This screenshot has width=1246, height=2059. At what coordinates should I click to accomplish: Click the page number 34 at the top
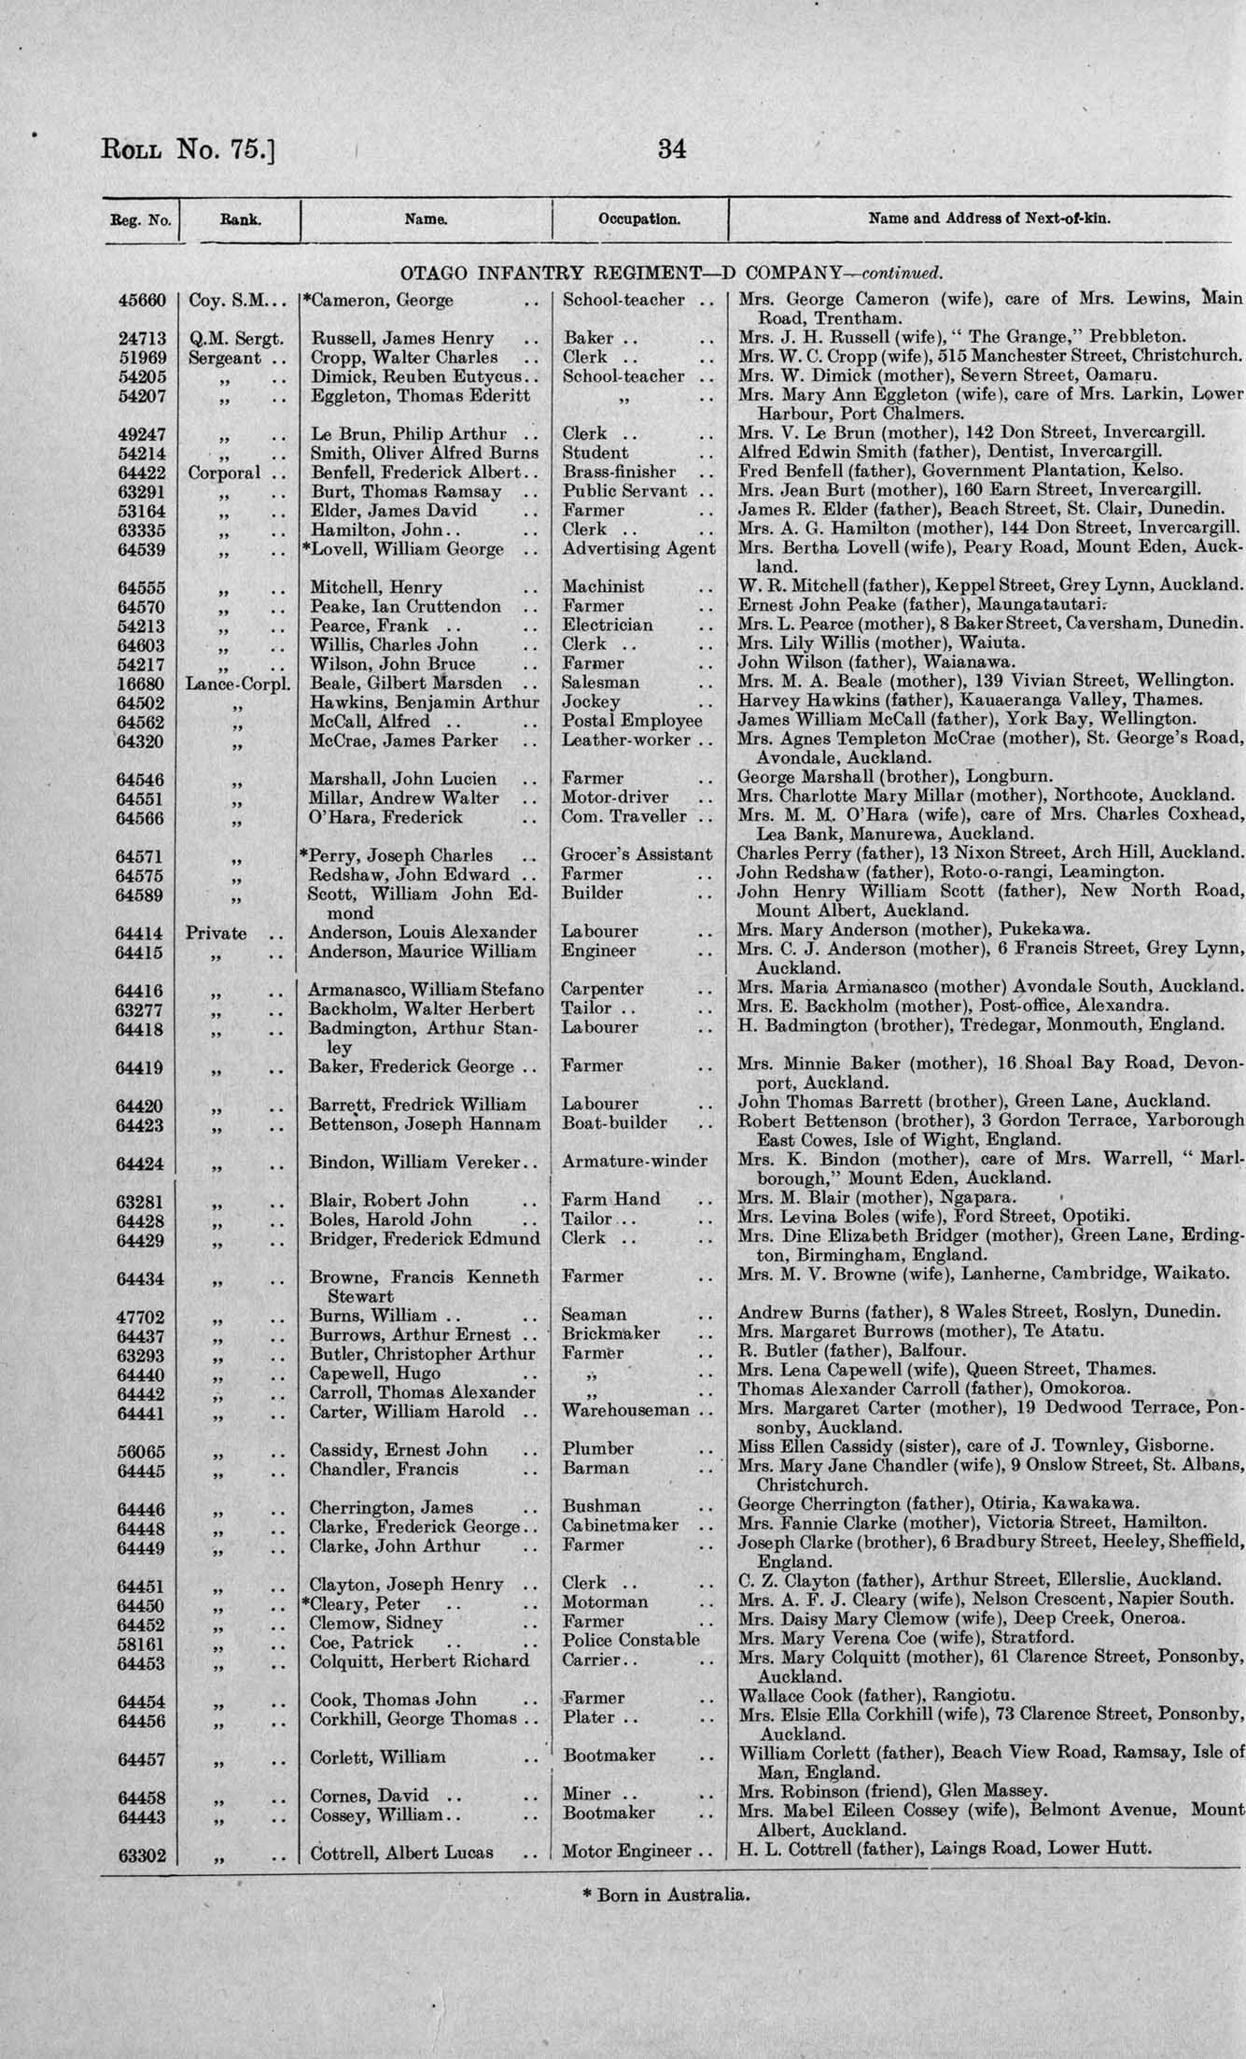click(x=672, y=149)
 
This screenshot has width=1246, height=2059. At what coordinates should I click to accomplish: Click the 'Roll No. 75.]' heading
click(x=186, y=150)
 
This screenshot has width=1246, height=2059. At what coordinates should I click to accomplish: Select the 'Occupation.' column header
click(x=639, y=220)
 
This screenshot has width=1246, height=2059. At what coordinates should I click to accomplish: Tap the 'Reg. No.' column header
click(x=140, y=221)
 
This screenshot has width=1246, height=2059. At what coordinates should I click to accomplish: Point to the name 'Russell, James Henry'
click(x=402, y=338)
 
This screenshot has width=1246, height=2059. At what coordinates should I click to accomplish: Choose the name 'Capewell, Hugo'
click(x=370, y=1374)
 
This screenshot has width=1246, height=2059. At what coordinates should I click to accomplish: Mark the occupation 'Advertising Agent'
click(x=638, y=550)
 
